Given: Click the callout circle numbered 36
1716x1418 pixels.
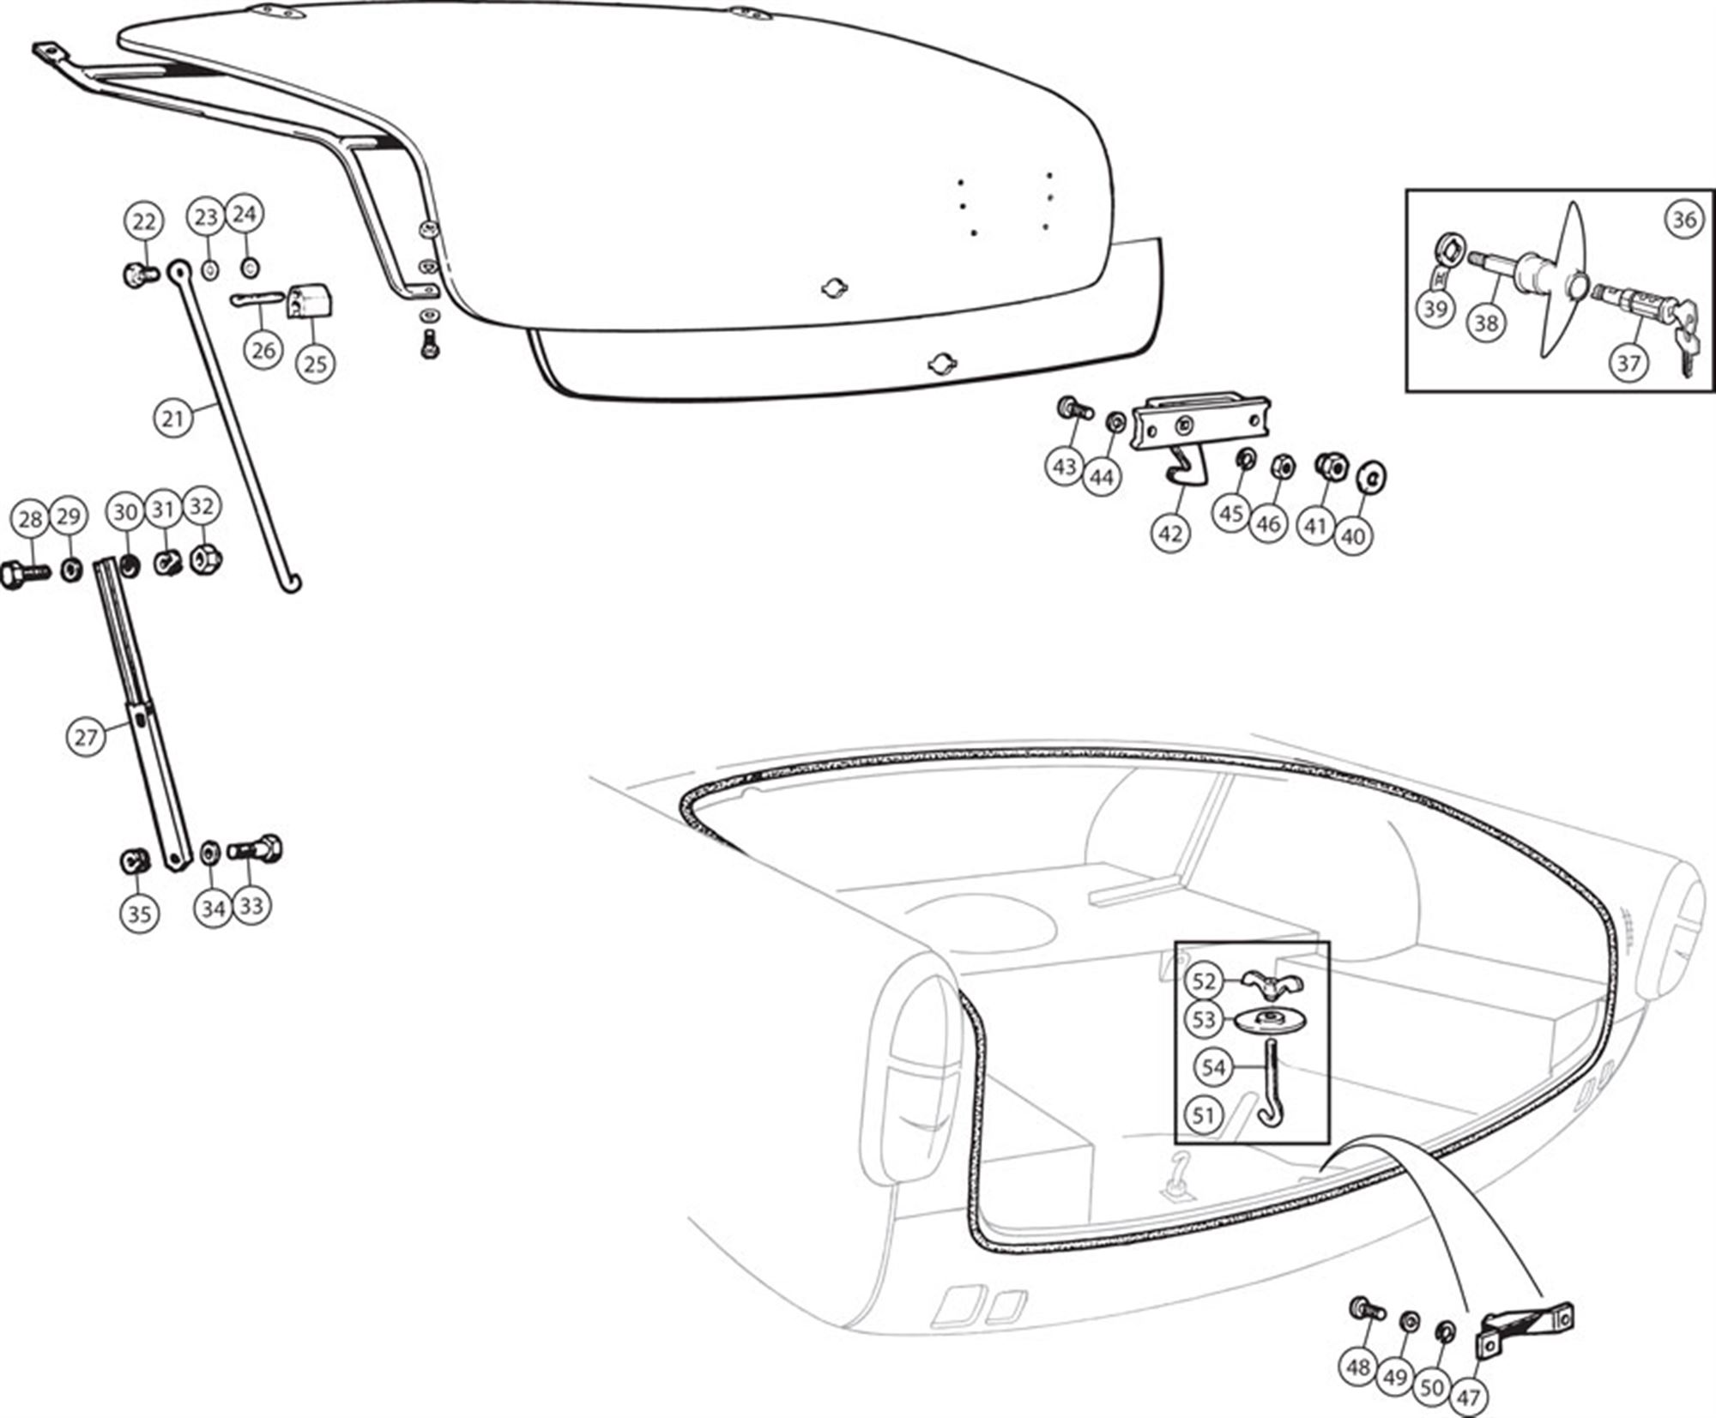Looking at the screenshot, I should click(x=1683, y=220).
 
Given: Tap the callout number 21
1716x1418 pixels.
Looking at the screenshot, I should click(x=173, y=419).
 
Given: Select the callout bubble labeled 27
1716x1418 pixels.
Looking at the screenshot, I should click(x=86, y=737).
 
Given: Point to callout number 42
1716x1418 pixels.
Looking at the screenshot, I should click(x=1170, y=534).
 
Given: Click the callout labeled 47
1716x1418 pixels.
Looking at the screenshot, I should click(x=1468, y=1397).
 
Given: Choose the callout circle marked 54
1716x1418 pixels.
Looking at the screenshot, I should click(x=1213, y=1068).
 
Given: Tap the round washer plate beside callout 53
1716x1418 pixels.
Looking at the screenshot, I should click(x=1266, y=1021).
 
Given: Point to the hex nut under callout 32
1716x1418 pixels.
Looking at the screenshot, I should click(x=205, y=558).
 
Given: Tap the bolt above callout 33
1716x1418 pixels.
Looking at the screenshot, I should click(x=257, y=849).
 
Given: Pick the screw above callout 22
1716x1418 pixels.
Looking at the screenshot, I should click(x=141, y=275).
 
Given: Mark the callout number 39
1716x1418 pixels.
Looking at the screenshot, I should click(x=1435, y=309).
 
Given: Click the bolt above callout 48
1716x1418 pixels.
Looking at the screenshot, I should click(x=1367, y=1309).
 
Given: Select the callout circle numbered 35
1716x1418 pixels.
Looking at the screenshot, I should click(x=139, y=914).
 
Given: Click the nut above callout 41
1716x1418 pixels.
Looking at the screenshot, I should click(x=1328, y=466).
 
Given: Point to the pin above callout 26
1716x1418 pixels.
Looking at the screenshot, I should click(x=257, y=299).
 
